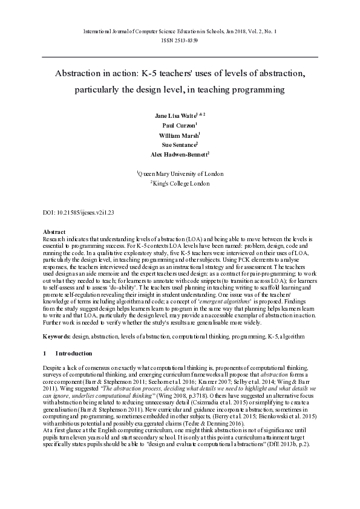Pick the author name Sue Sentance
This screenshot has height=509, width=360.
178,144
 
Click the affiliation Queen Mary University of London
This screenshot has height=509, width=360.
181,173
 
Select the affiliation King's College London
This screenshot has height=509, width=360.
181,183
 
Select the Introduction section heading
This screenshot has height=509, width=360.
74,353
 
